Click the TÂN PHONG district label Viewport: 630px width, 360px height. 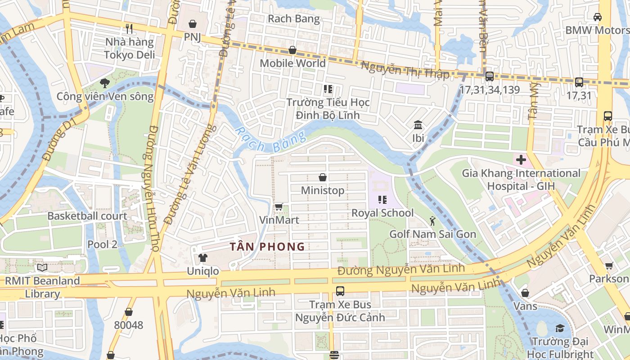pyautogui.click(x=267, y=247)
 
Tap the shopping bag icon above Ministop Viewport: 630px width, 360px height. pyautogui.click(x=323, y=177)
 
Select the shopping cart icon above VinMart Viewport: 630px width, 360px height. pyautogui.click(x=279, y=207)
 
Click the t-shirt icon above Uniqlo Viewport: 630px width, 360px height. pyautogui.click(x=203, y=258)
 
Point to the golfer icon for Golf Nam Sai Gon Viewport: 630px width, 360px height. pyautogui.click(x=432, y=221)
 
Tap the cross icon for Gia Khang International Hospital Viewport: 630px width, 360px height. pyautogui.click(x=521, y=160)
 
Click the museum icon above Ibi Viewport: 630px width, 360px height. pyautogui.click(x=418, y=125)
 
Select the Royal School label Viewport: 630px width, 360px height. pyautogui.click(x=382, y=213)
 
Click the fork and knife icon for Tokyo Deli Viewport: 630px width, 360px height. pyautogui.click(x=129, y=29)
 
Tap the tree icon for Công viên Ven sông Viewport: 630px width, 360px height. pyautogui.click(x=105, y=83)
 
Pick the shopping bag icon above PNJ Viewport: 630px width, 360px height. pyautogui.click(x=193, y=23)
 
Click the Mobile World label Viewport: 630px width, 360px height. pyautogui.click(x=292, y=63)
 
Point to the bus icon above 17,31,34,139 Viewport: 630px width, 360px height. pyautogui.click(x=489, y=76)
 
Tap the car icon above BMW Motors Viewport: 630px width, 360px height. pyautogui.click(x=597, y=17)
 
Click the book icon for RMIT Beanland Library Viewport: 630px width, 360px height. pyautogui.click(x=42, y=268)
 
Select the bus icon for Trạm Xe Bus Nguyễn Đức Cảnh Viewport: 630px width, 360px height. pyautogui.click(x=340, y=291)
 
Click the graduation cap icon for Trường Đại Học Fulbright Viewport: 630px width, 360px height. pyautogui.click(x=560, y=328)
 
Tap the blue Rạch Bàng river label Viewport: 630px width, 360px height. pyautogui.click(x=270, y=140)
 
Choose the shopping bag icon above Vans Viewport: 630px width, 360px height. pyautogui.click(x=525, y=293)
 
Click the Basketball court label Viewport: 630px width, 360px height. pyautogui.click(x=87, y=216)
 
